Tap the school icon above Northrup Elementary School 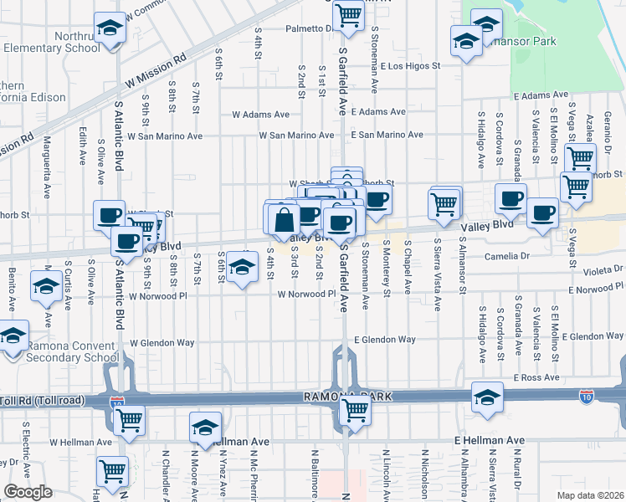point(108,28)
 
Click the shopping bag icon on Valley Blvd point(285,221)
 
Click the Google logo point(28,492)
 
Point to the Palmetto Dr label point(305,28)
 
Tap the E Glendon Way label point(384,340)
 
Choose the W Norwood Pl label point(306,295)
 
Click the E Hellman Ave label point(489,440)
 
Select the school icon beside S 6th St point(242,267)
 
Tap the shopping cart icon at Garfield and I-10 point(355,411)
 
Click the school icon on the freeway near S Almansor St point(486,398)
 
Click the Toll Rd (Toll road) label point(42,401)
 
